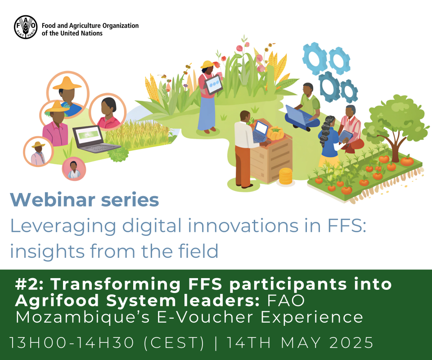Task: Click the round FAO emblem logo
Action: pyautogui.click(x=26, y=27)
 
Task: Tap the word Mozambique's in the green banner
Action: pyautogui.click(x=83, y=318)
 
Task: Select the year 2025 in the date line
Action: pyautogui.click(x=351, y=342)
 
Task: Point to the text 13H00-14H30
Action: pyautogui.click(x=72, y=342)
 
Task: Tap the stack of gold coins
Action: pyautogui.click(x=285, y=176)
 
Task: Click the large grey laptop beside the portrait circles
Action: pyautogui.click(x=94, y=139)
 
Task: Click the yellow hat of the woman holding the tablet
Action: pyautogui.click(x=207, y=64)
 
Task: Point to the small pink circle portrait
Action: pyautogui.click(x=74, y=169)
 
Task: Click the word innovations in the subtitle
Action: pyautogui.click(x=243, y=225)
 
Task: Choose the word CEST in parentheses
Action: pyautogui.click(x=174, y=342)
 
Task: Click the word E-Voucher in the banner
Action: pyautogui.click(x=205, y=318)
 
